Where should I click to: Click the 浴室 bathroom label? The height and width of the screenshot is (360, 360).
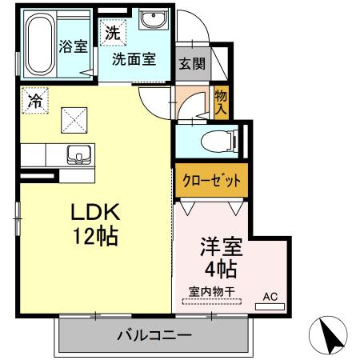pyautogui.click(x=74, y=46)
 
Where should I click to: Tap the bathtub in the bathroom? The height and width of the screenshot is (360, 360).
pyautogui.click(x=38, y=46)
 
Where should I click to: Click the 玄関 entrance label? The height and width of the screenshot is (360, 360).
pyautogui.click(x=190, y=63)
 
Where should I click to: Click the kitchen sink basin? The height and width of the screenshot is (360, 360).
pyautogui.click(x=78, y=153)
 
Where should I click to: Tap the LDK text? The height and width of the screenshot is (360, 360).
pyautogui.click(x=96, y=213)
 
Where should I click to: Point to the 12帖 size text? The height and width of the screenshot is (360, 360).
pyautogui.click(x=96, y=236)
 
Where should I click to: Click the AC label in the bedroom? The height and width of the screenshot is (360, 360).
pyautogui.click(x=271, y=296)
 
